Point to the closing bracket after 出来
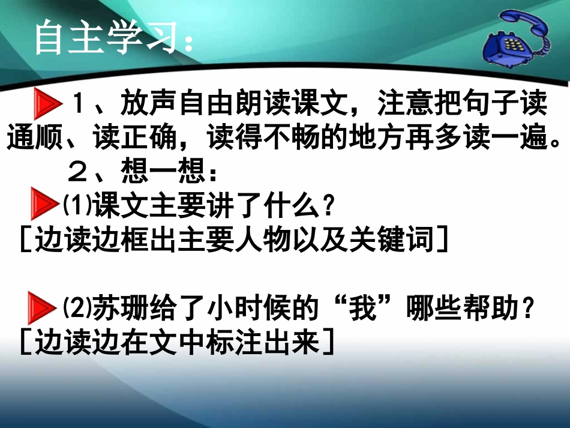click(x=327, y=342)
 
